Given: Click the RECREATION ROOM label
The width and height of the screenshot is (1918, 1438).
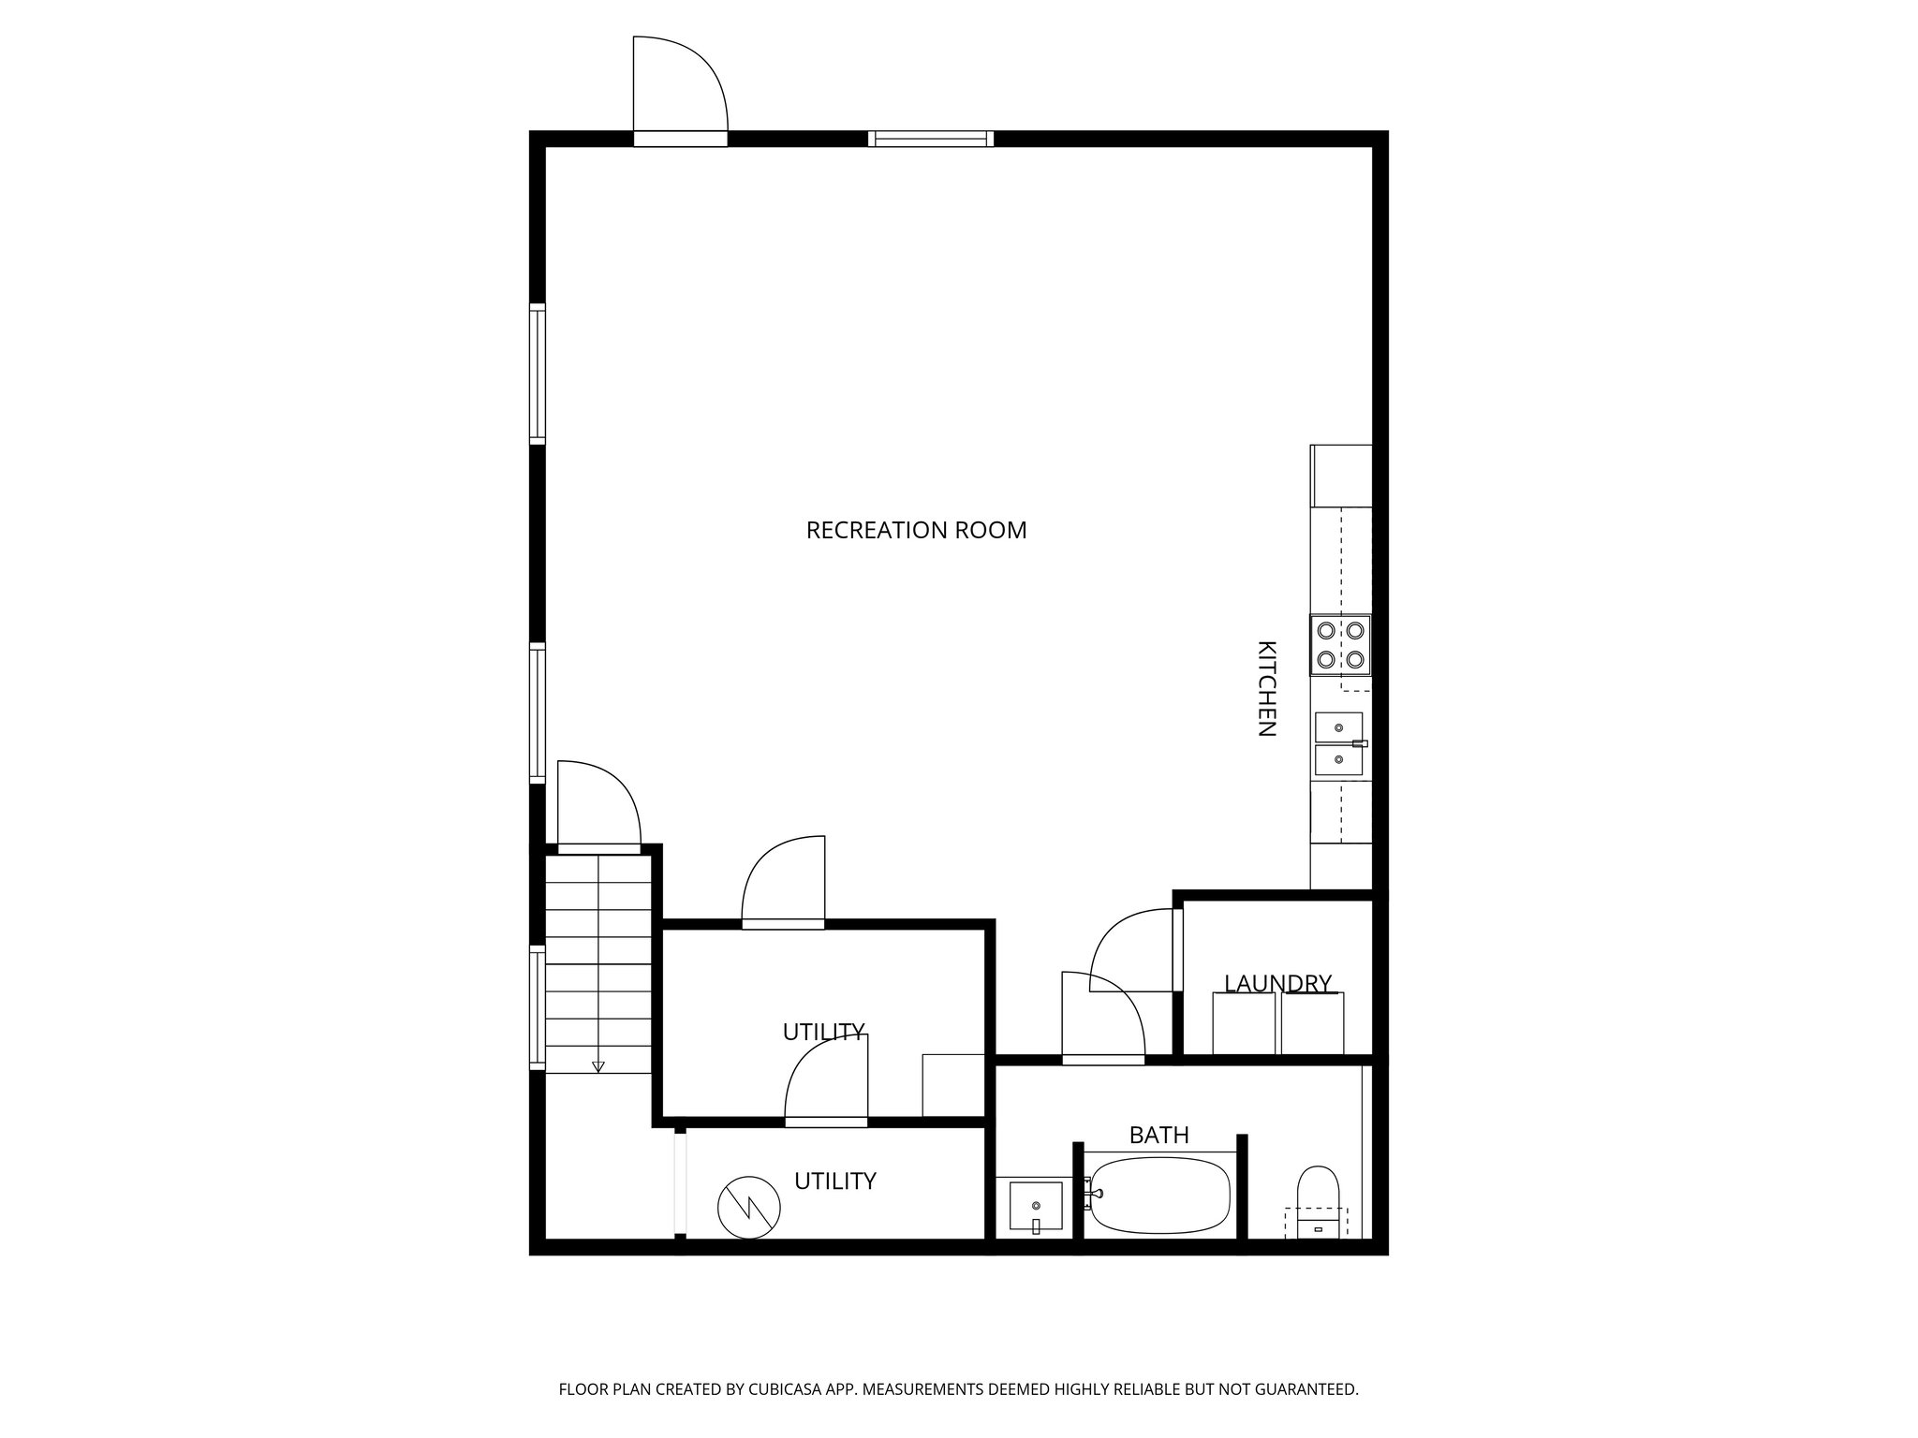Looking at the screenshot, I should [916, 531].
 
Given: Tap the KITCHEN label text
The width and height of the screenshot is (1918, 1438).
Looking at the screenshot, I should [1266, 689].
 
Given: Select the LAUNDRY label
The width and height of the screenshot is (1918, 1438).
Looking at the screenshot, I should [1277, 983].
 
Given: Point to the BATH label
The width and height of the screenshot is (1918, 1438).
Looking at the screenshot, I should [1158, 1136].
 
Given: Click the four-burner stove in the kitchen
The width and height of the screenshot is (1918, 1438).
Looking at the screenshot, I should [1340, 645].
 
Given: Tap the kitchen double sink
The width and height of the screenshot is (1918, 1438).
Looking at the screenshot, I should [1339, 743].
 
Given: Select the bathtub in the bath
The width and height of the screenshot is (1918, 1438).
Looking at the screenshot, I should [1159, 1196].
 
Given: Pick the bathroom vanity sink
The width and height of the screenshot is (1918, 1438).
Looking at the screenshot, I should [1036, 1207].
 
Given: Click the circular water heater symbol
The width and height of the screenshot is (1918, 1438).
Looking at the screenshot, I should [749, 1207].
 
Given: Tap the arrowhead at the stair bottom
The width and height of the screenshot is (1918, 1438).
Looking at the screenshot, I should [598, 1066].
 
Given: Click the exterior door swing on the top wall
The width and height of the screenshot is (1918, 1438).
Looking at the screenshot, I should [680, 88].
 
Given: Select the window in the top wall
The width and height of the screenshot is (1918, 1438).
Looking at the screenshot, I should [930, 139].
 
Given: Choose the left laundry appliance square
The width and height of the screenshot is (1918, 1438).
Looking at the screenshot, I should [1244, 1023].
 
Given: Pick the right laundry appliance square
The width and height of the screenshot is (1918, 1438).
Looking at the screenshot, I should [1312, 1023].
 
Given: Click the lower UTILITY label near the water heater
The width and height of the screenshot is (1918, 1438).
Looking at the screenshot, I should [834, 1181].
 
